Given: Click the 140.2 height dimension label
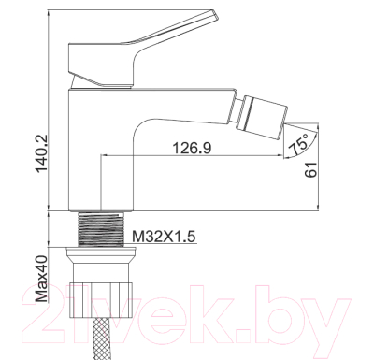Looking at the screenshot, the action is coord(41,153).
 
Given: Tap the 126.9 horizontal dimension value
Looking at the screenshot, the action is coord(192,148).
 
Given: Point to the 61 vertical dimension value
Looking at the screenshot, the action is coord(310,170).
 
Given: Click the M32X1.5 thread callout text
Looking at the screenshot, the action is coord(164,237).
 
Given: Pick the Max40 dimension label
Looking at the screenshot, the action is coord(41,278).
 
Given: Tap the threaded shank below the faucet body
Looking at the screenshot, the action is coord(100,229).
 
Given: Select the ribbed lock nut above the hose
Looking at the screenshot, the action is coord(102,300).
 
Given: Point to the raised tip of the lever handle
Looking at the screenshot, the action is coord(214,14).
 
